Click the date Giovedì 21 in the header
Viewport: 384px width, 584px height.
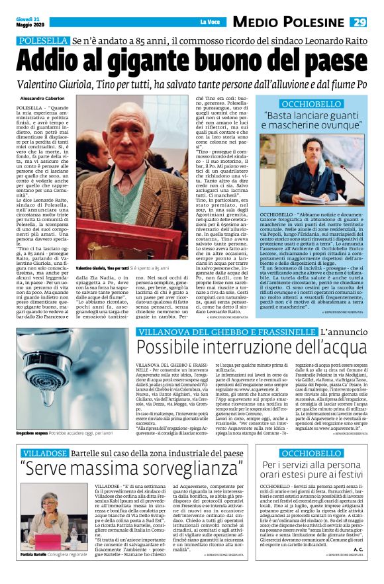click(x=26, y=19)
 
